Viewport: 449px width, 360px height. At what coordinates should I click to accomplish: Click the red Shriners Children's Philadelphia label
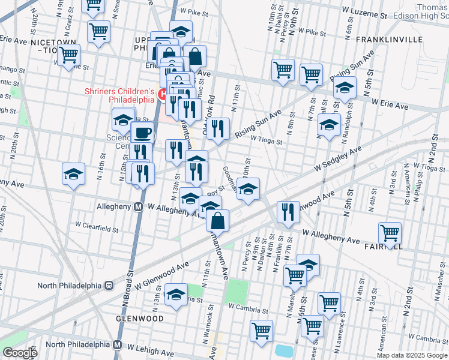[119, 95]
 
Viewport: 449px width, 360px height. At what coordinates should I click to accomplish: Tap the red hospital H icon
[161, 94]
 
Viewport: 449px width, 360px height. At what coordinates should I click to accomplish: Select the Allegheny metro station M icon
[138, 206]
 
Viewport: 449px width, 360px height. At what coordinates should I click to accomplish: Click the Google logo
[20, 353]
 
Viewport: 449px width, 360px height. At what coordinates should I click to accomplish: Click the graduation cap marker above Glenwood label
[176, 294]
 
